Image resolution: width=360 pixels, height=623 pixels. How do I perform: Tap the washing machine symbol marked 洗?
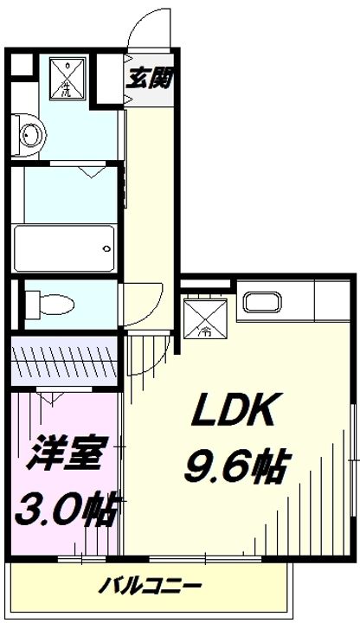(x=66, y=77)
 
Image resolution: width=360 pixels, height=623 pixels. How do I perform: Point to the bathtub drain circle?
(x=106, y=248)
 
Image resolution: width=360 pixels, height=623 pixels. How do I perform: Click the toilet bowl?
(x=51, y=305)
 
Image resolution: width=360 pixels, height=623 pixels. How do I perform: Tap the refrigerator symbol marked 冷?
(x=207, y=317)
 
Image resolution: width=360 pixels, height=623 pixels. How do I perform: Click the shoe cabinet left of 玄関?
(x=109, y=80)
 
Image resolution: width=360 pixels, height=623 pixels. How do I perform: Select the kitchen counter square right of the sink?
(x=331, y=302)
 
